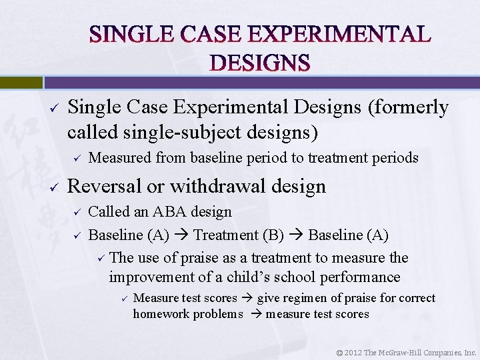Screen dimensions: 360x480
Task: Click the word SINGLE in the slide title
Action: pos(129,34)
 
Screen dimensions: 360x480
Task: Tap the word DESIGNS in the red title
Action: pos(260,63)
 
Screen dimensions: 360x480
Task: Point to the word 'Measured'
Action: pos(120,158)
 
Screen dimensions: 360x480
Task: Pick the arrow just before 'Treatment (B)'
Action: pos(183,235)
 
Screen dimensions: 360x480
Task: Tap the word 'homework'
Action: pos(161,314)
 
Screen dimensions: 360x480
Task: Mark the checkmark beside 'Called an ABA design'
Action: pos(77,212)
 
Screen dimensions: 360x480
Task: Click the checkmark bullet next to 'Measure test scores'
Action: pos(122,298)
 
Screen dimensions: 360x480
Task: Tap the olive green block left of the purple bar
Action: pos(21,82)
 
